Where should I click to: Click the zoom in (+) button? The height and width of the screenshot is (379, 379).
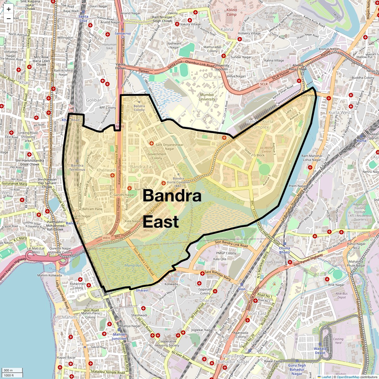9,9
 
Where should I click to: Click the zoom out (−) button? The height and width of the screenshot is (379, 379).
9,19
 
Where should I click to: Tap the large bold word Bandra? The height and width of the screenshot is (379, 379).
172,196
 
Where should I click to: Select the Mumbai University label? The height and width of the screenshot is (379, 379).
207,97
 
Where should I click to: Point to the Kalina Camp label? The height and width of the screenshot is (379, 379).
232,12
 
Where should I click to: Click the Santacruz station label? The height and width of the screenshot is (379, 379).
123,33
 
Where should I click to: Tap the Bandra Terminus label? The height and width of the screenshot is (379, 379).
77,167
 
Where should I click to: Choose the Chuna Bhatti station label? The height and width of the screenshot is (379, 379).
284,250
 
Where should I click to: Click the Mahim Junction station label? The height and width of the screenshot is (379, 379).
119,336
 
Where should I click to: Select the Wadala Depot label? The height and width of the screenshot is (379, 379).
320,351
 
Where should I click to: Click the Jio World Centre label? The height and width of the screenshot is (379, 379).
266,149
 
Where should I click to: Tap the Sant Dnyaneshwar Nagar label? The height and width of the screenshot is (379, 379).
169,147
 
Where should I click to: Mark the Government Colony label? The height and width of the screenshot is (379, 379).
157,156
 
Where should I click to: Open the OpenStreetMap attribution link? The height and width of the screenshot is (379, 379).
348,377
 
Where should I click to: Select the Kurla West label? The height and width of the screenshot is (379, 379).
340,112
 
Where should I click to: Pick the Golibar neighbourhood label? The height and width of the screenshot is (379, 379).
94,100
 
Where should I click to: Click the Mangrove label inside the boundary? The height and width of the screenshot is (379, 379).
133,266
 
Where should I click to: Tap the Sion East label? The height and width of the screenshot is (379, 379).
257,314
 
